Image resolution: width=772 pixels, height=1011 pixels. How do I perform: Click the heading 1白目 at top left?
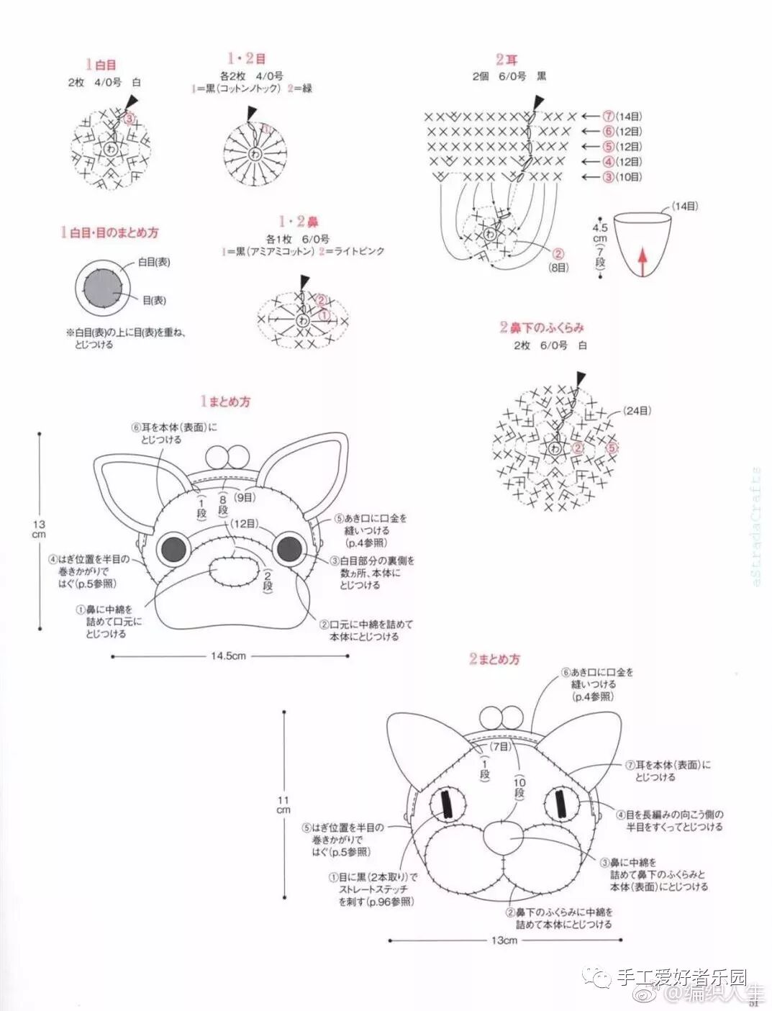tap(101, 65)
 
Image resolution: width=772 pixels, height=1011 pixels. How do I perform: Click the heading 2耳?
tap(506, 60)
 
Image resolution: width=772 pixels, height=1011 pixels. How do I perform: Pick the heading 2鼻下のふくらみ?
tap(542, 327)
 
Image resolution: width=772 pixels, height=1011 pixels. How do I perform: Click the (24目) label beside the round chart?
tap(637, 411)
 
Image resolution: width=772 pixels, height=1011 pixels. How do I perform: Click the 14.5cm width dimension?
tap(229, 656)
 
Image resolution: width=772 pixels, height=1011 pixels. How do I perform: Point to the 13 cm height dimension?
tap(39, 530)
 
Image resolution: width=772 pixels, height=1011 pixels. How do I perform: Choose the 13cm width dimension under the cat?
tap(504, 940)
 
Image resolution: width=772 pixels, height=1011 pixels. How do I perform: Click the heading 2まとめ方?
tap(494, 659)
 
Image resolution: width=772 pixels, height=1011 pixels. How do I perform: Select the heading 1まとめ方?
tap(225, 402)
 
